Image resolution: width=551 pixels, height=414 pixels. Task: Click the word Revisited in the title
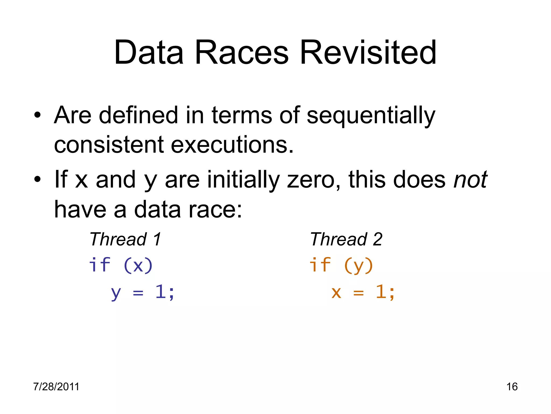368,53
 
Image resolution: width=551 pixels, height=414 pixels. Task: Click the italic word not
470,180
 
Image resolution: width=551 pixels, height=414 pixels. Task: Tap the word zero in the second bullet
313,180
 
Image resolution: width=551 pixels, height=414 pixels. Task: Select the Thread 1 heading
125,239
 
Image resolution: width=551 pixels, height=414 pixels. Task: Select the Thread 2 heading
346,239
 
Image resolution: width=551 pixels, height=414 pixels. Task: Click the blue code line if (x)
121,265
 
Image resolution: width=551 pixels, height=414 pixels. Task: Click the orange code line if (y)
341,265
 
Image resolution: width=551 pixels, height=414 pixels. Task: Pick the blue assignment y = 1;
143,292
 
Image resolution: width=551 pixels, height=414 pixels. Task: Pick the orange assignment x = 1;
363,292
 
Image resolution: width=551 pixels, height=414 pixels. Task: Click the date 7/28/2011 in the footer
56,387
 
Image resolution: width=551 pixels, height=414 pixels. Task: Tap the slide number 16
512,387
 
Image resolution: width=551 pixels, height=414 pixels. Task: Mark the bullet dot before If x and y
37,180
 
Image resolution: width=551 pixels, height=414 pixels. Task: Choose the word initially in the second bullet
243,180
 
